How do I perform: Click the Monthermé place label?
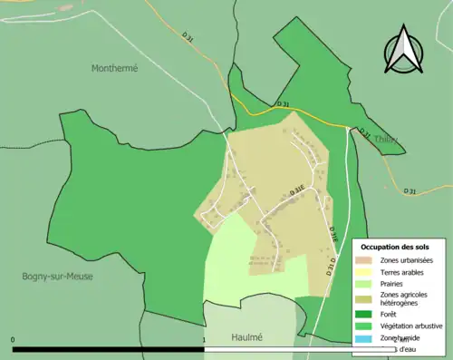[113, 68]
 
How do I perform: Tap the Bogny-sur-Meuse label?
[58, 277]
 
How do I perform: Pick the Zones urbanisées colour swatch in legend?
[368, 260]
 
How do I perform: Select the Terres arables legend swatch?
[368, 271]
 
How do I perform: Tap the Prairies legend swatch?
[368, 283]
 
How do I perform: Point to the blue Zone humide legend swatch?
[368, 338]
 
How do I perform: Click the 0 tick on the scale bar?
[13, 340]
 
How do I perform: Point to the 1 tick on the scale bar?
[205, 340]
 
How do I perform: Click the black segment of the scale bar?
[109, 348]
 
